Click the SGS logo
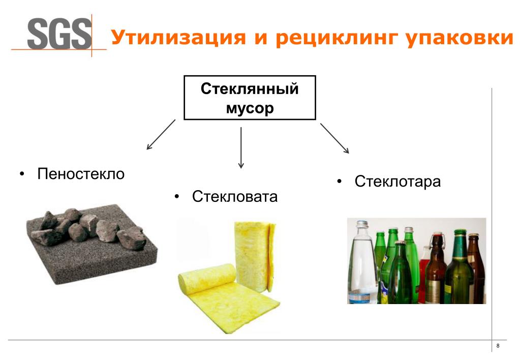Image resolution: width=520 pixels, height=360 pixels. pos(59,35)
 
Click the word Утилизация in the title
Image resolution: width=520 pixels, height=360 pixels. pos(178,38)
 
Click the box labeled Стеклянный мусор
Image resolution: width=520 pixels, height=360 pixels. pos(250,98)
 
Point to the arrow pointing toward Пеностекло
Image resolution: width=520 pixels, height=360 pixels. pos(161,134)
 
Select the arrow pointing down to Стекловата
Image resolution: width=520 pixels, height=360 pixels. pos(241,147)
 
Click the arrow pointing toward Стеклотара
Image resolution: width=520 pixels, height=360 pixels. pos(334,138)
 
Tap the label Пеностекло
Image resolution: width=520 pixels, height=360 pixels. pos(81,173)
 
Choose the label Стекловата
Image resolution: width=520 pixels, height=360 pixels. pos(235,196)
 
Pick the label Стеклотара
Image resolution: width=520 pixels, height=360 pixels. pos(397,182)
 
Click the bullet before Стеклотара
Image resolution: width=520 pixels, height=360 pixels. pos(339,182)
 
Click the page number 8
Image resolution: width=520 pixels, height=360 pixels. pos(498,346)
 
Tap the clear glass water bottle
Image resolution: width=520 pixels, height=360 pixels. pos(361,262)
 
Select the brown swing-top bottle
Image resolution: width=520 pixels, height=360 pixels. pos(436,268)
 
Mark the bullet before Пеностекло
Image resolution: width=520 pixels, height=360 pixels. pos(22,174)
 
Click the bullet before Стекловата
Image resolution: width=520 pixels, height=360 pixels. pos(177,197)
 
